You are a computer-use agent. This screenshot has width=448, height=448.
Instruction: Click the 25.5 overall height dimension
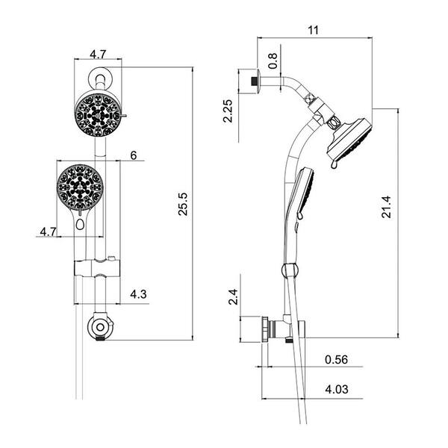pos(183,204)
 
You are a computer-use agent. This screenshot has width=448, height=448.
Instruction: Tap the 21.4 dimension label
pos(386,207)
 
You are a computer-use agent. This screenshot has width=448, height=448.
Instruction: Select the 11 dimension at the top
pos(313,30)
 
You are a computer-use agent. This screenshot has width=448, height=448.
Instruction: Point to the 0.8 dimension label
pos(273,60)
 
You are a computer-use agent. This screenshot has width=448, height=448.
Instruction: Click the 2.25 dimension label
pos(228,111)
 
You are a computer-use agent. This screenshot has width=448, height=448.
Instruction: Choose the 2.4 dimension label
pos(233,297)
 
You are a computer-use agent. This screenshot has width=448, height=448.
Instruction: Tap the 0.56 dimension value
pos(336,360)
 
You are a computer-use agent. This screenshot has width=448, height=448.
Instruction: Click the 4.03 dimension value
pos(337,389)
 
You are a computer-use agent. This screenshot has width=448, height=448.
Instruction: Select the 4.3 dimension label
pos(138,294)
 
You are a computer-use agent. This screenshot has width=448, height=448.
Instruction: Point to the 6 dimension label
pos(134,155)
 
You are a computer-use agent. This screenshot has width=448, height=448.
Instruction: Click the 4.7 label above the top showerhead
pos(98,54)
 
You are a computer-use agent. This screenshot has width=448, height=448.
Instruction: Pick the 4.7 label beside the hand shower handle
pos(49,231)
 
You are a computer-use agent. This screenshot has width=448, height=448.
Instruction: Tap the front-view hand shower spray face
pos(80,187)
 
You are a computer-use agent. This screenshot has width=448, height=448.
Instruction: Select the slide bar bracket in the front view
pos(97,268)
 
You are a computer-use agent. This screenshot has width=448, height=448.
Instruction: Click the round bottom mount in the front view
pos(100,326)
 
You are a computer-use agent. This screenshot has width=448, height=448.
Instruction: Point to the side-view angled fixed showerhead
pos(349,140)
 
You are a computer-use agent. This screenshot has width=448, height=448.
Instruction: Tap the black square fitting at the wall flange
pos(253,81)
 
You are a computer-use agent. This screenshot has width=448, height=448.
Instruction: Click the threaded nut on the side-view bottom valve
pos(265,329)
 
